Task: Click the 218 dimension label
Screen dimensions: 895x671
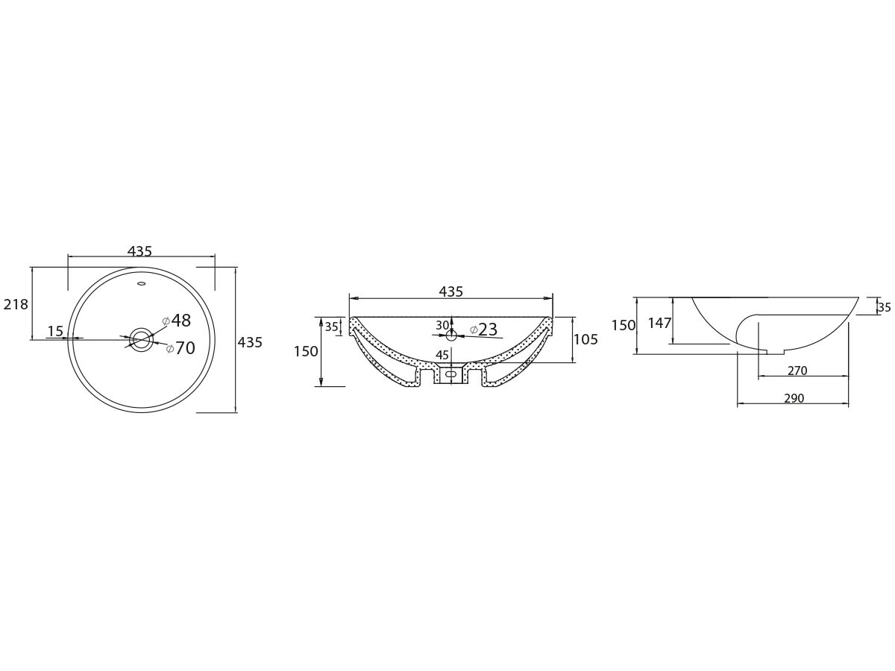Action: [16, 304]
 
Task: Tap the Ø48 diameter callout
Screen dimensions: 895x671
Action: [176, 321]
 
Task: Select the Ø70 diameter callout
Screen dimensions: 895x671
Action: [180, 348]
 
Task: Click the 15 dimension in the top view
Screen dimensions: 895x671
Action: [56, 331]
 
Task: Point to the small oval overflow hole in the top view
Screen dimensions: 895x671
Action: [142, 283]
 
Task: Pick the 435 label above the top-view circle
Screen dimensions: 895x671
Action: [139, 251]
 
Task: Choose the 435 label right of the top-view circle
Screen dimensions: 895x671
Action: [250, 342]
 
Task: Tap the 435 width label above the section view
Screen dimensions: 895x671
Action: [451, 292]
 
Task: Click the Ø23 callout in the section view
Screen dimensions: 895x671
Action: [483, 330]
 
